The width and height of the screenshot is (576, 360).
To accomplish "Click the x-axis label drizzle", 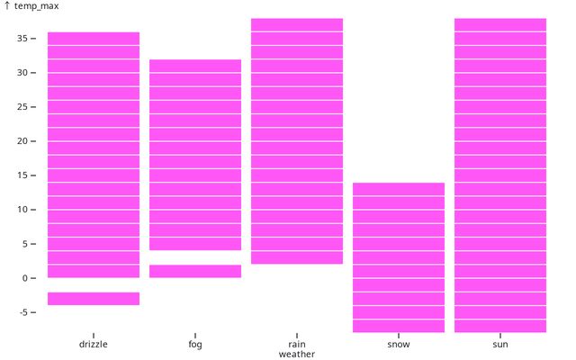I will click(x=94, y=344).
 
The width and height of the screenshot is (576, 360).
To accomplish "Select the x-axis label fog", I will click(x=195, y=344).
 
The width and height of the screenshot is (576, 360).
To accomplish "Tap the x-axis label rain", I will click(x=297, y=344).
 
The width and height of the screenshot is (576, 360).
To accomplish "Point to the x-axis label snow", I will click(x=399, y=344).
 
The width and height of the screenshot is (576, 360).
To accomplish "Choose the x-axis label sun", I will click(x=500, y=344).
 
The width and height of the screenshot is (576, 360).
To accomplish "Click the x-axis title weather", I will click(x=297, y=355).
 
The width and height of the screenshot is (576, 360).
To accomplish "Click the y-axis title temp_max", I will click(x=36, y=6).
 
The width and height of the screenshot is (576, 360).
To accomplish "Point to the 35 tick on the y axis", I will click(x=22, y=39).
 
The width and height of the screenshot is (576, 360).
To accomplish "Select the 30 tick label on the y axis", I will click(x=22, y=73).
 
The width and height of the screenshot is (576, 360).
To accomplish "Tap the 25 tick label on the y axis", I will click(x=22, y=107).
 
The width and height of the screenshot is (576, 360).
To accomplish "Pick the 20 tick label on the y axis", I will click(x=22, y=141).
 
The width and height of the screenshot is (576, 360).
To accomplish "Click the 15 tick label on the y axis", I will click(x=22, y=175).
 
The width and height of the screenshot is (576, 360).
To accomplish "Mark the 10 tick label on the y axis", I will click(x=22, y=210).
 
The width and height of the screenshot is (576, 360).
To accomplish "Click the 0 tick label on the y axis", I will click(x=25, y=278).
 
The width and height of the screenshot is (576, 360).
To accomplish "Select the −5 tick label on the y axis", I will click(x=22, y=312).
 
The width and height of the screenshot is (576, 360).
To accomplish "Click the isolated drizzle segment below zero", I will click(x=94, y=299).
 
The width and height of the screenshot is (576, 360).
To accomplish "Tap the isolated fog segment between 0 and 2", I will click(x=195, y=271).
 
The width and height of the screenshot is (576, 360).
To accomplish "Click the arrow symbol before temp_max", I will click(x=7, y=6).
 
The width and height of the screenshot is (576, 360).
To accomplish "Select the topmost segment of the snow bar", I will click(x=399, y=189).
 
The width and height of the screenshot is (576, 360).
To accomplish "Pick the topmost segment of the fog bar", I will click(x=195, y=66).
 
